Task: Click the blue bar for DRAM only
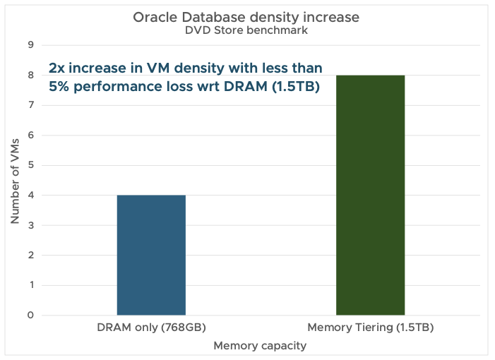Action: [151, 255]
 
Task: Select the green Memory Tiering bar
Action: [370, 195]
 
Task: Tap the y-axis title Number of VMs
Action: [15, 180]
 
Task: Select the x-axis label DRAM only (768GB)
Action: [151, 328]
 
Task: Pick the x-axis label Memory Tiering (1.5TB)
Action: [370, 328]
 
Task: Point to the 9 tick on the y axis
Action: [30, 45]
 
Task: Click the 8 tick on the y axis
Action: [30, 76]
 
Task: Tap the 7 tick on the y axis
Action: [30, 105]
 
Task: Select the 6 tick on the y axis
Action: [30, 136]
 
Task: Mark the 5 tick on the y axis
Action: [30, 165]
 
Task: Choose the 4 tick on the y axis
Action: [30, 196]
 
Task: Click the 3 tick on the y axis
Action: [30, 225]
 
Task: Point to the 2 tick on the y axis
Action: [30, 256]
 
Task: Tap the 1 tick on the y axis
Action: [30, 285]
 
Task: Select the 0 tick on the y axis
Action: [30, 316]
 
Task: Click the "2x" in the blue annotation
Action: [57, 69]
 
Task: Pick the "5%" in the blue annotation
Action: [59, 88]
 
